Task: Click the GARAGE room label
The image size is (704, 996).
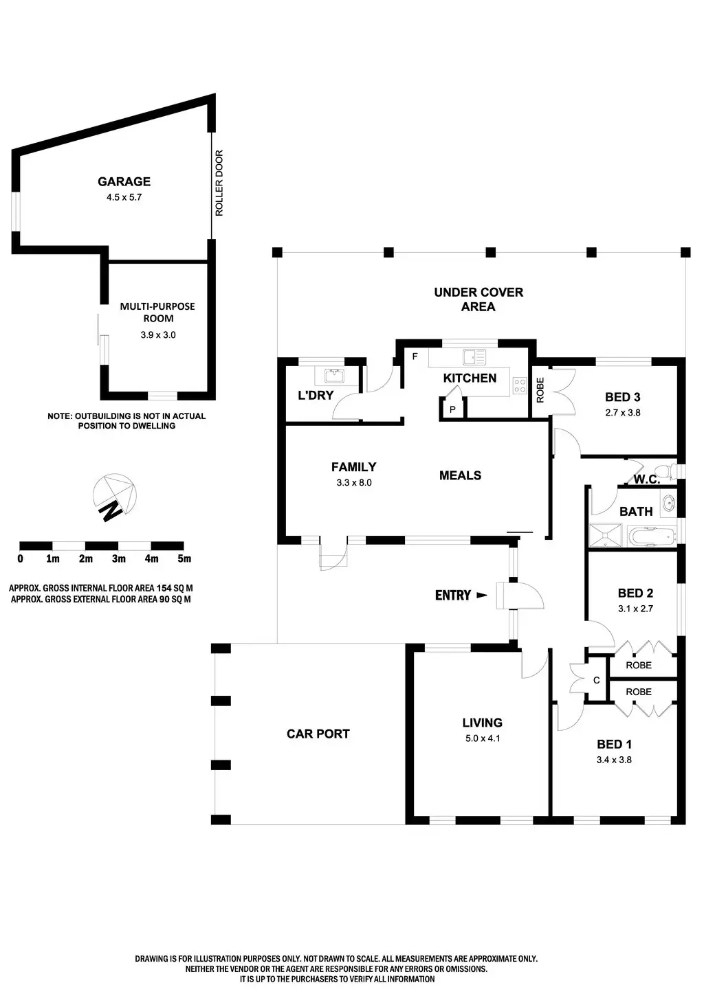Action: click(124, 181)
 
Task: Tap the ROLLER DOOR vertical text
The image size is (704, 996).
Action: click(219, 183)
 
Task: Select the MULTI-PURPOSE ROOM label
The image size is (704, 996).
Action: click(157, 313)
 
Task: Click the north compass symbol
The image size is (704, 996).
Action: click(114, 497)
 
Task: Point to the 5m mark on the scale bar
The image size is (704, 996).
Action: click(184, 558)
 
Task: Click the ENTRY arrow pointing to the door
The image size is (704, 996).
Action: click(481, 596)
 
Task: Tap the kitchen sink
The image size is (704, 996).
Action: click(474, 356)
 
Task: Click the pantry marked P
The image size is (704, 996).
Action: click(452, 409)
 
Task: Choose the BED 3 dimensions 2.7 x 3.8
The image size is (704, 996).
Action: click(622, 413)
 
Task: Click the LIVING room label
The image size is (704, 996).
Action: click(482, 723)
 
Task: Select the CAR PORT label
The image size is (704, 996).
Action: click(318, 734)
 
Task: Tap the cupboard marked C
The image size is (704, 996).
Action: click(596, 680)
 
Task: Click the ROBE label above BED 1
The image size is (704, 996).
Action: click(639, 692)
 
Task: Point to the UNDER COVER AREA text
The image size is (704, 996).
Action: click(478, 299)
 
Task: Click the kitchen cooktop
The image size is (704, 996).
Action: click(519, 386)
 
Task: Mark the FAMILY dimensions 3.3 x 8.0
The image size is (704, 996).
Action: click(354, 482)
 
